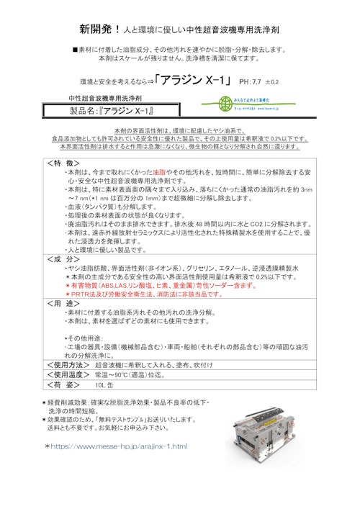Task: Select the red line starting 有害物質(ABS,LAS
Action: point(154,285)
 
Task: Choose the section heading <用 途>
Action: point(64,304)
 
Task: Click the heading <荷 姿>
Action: point(64,385)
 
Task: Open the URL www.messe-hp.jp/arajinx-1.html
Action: point(121,446)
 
